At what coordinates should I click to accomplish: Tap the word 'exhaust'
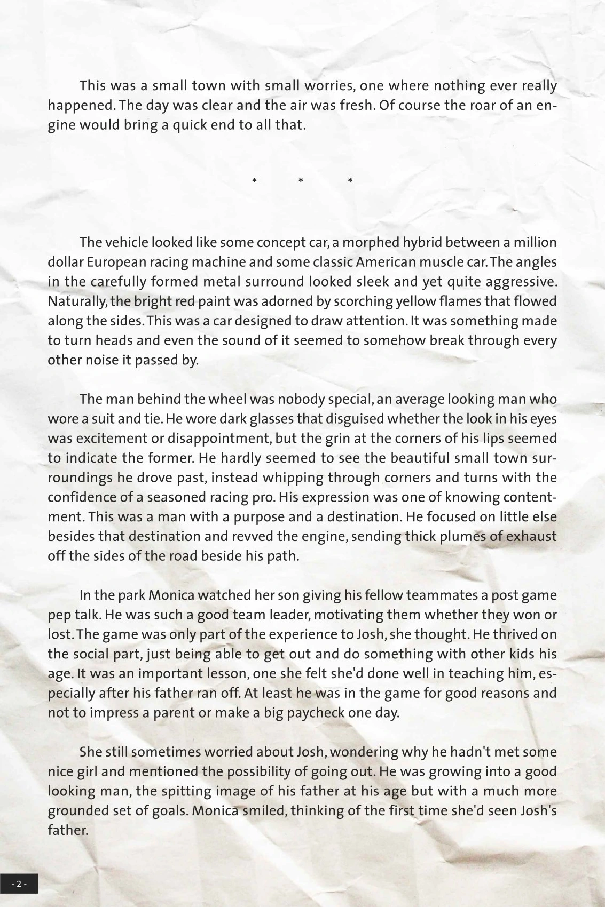pyautogui.click(x=531, y=536)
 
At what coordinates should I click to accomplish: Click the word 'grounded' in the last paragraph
pyautogui.click(x=76, y=811)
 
